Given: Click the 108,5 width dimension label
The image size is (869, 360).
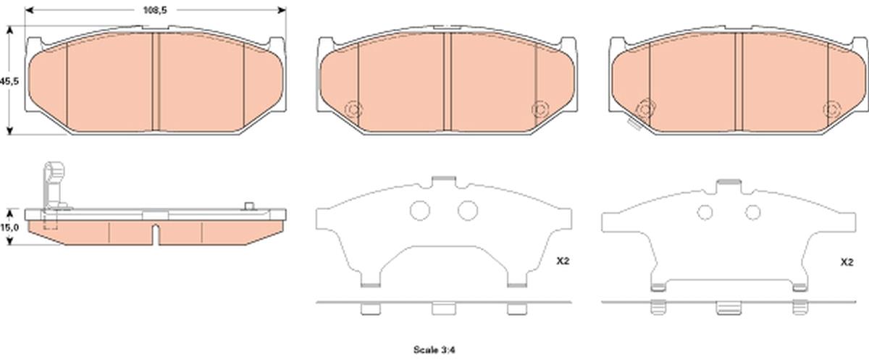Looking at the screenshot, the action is click(x=155, y=10).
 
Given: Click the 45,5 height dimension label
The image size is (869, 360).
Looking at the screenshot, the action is click(x=9, y=81).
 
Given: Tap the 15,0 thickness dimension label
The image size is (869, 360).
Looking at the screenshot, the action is click(x=9, y=227).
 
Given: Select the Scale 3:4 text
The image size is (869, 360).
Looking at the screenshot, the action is click(x=434, y=350).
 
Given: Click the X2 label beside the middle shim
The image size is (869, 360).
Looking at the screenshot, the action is click(x=563, y=261).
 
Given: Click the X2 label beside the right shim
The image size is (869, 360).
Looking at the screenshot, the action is click(x=847, y=262).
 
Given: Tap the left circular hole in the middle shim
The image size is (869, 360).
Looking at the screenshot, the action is click(x=420, y=210).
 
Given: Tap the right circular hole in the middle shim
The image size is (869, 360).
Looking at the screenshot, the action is click(x=468, y=210).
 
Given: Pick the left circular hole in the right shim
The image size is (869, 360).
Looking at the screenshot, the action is click(x=705, y=212).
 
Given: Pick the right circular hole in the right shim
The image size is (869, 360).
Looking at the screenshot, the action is click(x=753, y=212).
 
